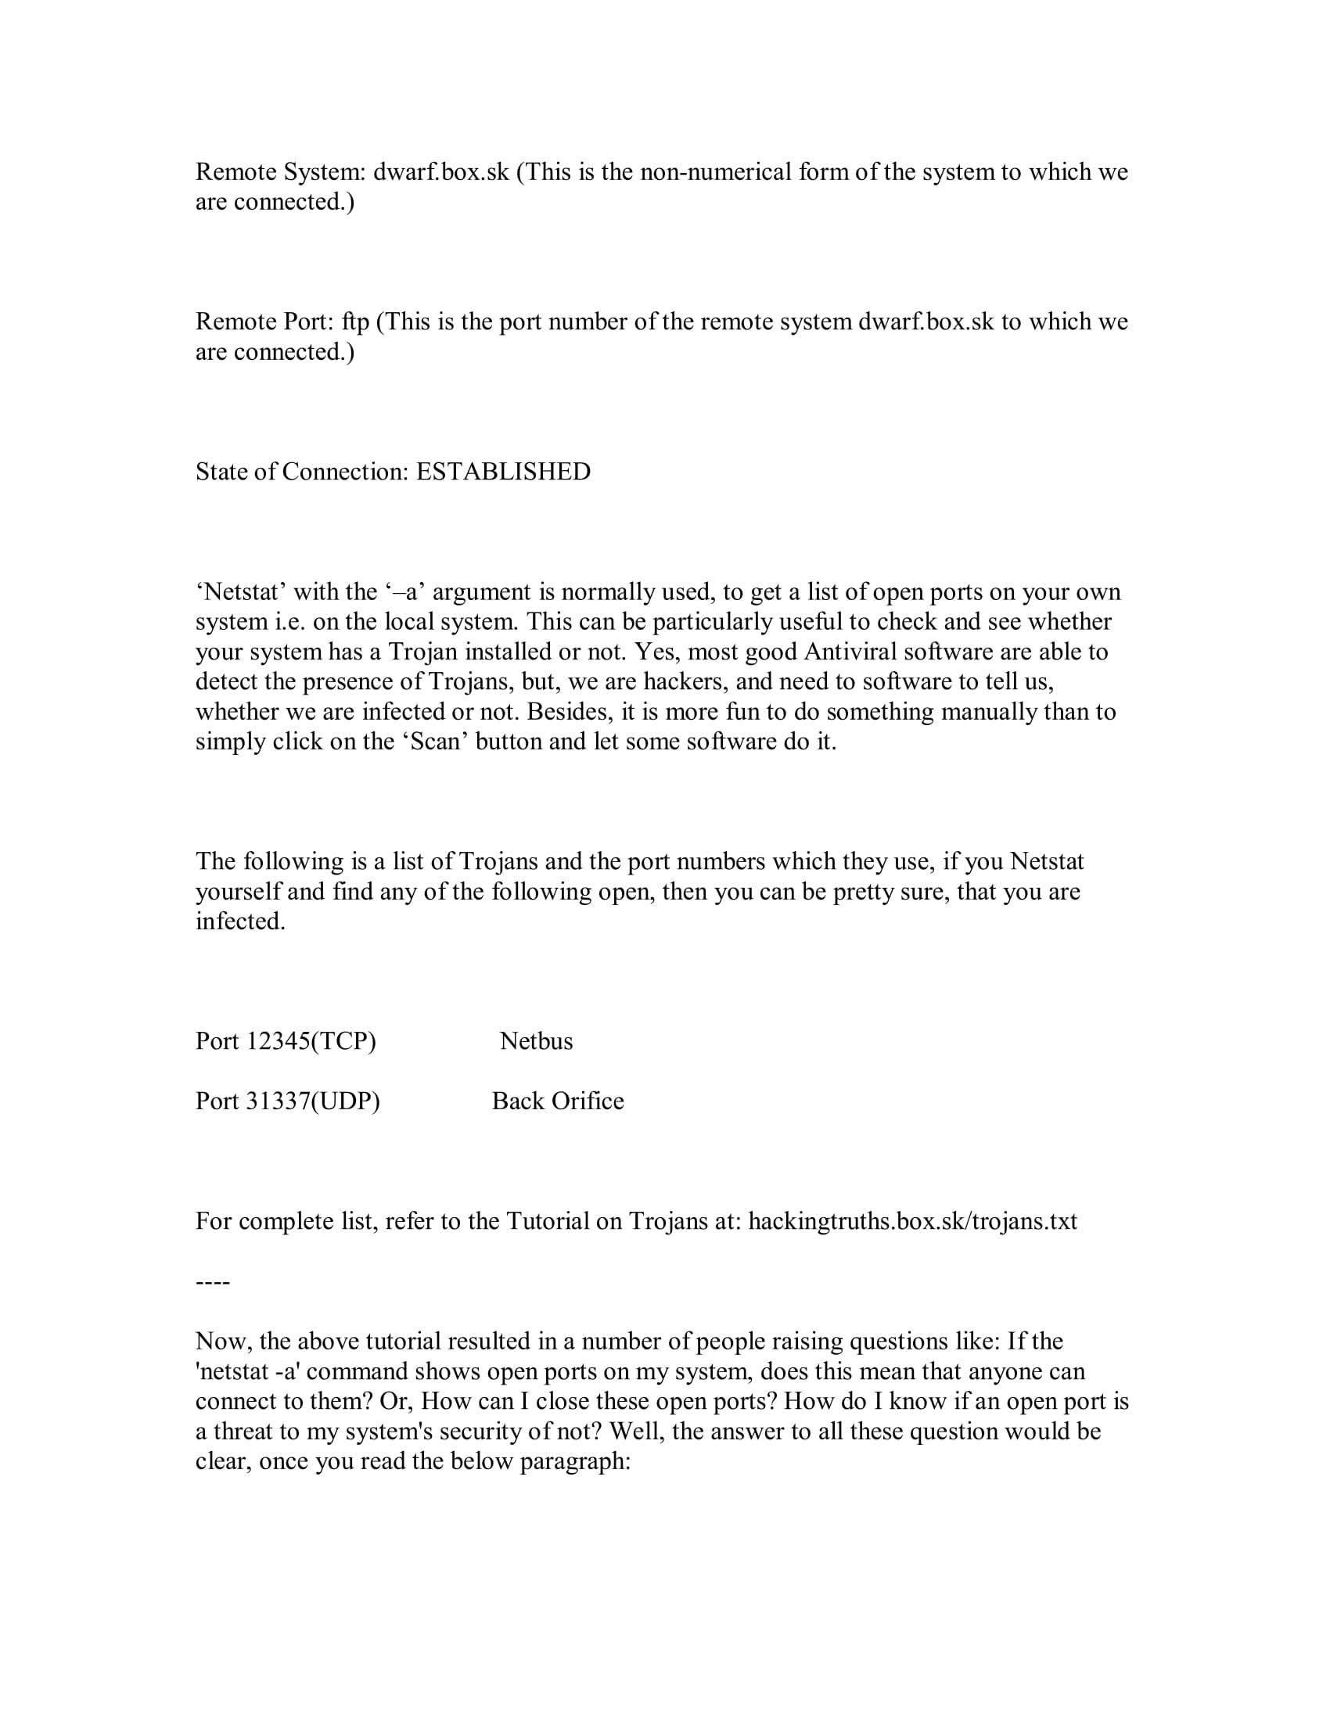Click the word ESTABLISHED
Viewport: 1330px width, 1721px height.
pos(503,472)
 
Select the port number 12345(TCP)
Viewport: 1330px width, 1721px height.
pos(311,1042)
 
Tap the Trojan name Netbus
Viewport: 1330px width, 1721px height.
pos(536,1042)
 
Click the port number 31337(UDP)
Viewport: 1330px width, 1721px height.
pos(313,1101)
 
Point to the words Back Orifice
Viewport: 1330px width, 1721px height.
pos(557,1101)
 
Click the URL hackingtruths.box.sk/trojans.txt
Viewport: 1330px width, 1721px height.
pos(912,1221)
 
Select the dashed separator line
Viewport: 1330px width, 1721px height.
pos(212,1283)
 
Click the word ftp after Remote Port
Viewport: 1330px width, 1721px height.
pos(355,322)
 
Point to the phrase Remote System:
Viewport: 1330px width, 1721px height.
pos(281,172)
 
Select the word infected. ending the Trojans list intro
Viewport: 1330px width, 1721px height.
pos(240,922)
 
